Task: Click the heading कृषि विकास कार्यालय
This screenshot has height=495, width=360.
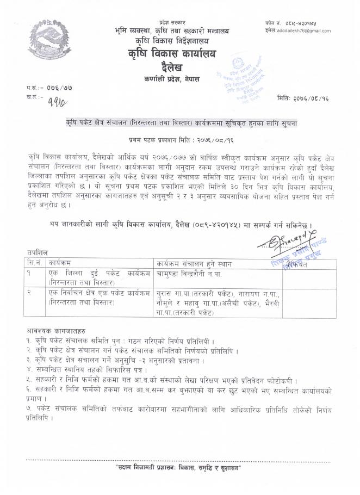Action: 177,54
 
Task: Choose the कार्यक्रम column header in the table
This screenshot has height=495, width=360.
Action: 60,264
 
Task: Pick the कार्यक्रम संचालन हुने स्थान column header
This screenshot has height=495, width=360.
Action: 193,264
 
